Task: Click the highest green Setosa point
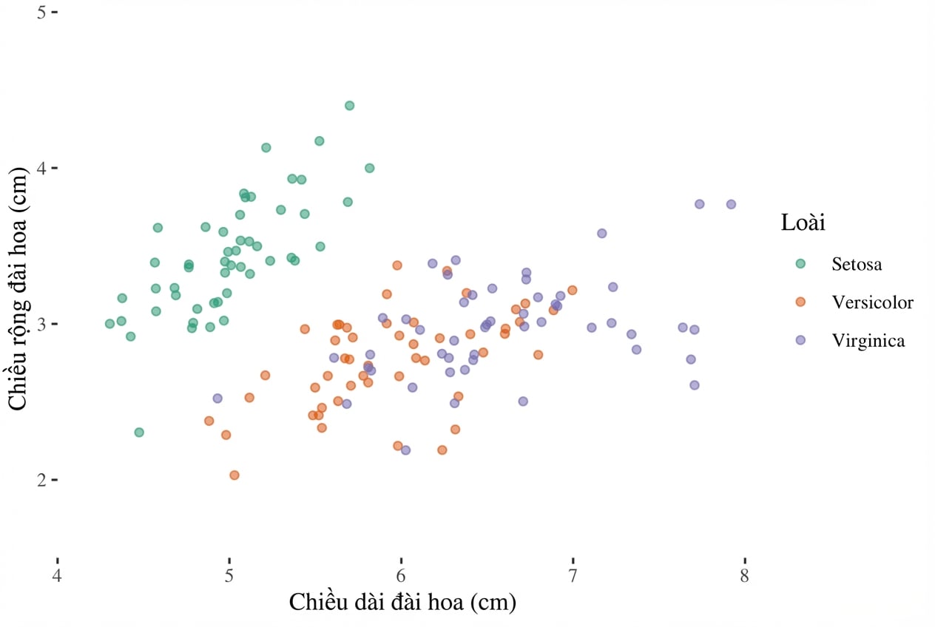(349, 106)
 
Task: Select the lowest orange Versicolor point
(234, 475)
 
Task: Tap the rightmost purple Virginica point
(731, 204)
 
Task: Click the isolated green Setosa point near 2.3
(139, 433)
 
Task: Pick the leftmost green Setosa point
(109, 324)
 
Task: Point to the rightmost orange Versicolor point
(573, 290)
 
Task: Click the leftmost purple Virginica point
(217, 399)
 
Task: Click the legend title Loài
(803, 222)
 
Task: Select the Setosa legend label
(857, 264)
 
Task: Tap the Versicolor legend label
(872, 302)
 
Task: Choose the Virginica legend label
(868, 341)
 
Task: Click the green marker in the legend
(800, 264)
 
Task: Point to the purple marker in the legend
(800, 340)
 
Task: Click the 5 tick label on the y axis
(41, 12)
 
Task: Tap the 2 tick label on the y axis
(41, 480)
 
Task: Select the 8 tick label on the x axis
(745, 576)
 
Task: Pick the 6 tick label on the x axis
(401, 576)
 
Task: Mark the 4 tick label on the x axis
(57, 576)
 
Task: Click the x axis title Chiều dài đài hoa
(376, 602)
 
